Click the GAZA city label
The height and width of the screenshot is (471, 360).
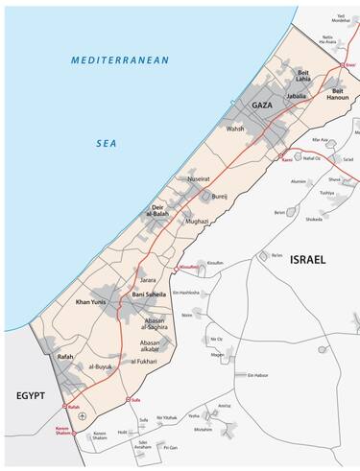[264, 104]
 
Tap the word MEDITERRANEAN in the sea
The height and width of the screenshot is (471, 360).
[120, 60]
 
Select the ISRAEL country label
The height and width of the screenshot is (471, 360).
[309, 260]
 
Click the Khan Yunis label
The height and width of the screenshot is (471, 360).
[68, 302]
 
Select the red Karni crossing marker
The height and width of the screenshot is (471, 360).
[280, 155]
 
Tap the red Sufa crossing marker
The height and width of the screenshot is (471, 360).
[129, 398]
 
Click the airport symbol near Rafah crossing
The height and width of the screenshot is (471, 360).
[83, 414]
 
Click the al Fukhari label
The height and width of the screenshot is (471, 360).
[141, 362]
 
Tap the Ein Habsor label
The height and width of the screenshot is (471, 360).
[254, 375]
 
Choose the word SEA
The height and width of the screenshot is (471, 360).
[106, 144]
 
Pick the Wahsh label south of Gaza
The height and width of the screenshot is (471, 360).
[235, 128]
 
